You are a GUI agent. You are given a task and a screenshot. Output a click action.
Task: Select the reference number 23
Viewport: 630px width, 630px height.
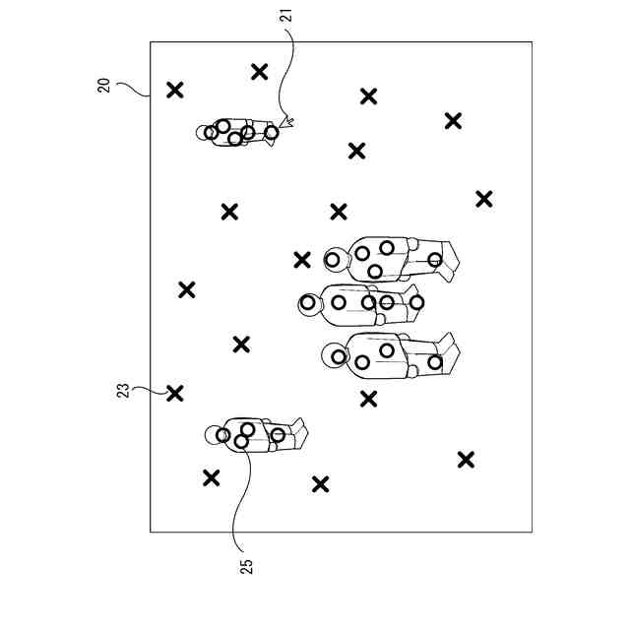(x=123, y=391)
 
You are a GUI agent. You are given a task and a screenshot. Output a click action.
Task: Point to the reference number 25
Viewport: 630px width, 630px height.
(x=246, y=566)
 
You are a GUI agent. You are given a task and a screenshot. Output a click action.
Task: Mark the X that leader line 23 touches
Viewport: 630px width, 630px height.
(x=175, y=393)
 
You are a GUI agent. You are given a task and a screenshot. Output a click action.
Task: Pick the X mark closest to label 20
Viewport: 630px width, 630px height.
(x=175, y=91)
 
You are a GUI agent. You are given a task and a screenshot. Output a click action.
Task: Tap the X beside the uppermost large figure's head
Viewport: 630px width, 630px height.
(x=302, y=260)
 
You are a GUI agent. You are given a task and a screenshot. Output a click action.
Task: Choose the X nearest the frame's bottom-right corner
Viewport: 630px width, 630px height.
(x=466, y=459)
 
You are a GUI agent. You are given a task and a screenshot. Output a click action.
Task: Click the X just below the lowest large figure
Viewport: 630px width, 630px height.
(x=368, y=399)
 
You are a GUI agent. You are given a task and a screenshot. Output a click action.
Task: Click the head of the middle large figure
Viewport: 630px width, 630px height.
(x=310, y=303)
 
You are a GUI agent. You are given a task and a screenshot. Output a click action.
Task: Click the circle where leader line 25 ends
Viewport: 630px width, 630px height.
(x=241, y=442)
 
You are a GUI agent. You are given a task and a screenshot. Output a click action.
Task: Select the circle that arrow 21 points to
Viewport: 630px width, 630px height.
(x=272, y=132)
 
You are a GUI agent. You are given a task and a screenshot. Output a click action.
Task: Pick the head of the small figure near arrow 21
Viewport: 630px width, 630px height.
(x=207, y=131)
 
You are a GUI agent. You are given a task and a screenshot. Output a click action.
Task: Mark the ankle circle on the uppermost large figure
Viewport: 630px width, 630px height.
(x=435, y=260)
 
